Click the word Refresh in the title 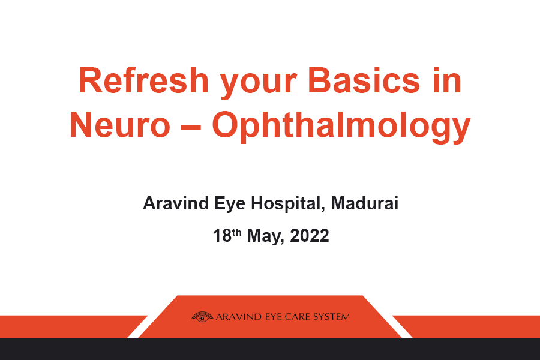[143, 80]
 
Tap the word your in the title [258, 85]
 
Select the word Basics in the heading [364, 80]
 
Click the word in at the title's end [448, 80]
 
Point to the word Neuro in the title [120, 125]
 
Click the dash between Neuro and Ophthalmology [191, 127]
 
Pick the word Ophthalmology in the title [341, 127]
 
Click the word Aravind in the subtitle [176, 203]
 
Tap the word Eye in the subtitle [230, 205]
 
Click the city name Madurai [365, 203]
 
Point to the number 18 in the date [222, 236]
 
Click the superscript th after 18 [236, 233]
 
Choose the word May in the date [265, 237]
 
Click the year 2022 [309, 236]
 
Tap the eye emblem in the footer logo [202, 317]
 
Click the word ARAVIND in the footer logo [239, 317]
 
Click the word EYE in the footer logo [273, 317]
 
